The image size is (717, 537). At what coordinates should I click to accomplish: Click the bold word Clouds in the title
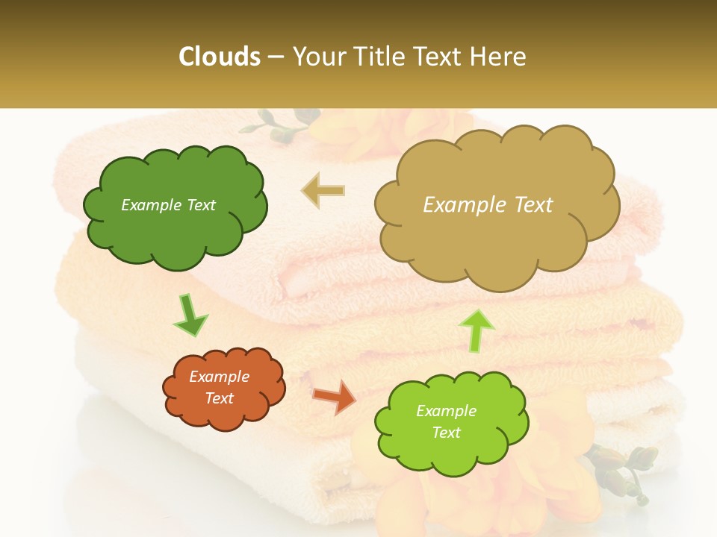220,57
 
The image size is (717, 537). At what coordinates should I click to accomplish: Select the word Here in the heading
498,57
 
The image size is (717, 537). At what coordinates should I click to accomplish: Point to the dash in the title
275,57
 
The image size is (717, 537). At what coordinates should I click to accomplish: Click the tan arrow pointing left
323,190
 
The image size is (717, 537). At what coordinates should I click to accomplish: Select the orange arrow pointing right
334,397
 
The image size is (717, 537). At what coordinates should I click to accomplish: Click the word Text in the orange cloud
220,398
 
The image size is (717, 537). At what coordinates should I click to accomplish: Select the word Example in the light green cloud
446,411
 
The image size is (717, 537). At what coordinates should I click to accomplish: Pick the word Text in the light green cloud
446,433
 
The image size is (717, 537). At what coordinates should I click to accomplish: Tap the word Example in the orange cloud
220,377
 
